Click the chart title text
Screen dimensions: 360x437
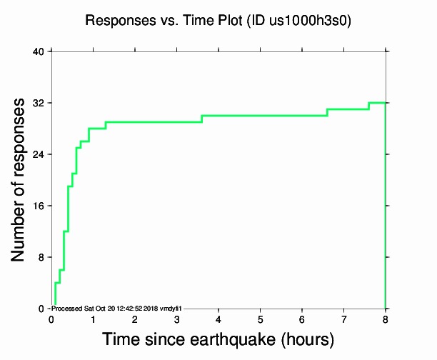pos(218,21)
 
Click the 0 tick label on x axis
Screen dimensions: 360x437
pos(51,319)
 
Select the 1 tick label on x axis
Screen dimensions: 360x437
pos(93,319)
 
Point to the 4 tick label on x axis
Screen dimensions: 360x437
pos(218,319)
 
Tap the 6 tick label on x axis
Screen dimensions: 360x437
pos(302,319)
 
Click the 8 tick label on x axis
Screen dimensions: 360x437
pos(386,319)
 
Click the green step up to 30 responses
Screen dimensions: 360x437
pos(202,119)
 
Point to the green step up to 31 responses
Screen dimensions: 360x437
pos(327,112)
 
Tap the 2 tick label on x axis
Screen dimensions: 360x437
pos(135,319)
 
